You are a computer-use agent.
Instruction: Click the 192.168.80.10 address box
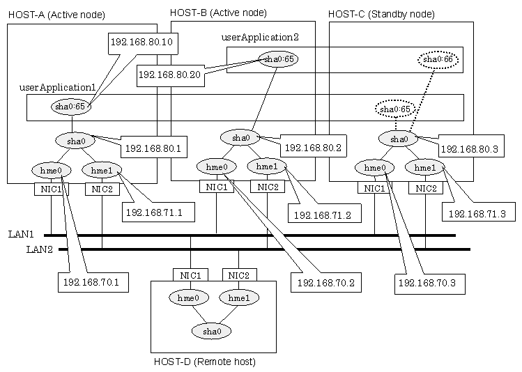pyautogui.click(x=143, y=43)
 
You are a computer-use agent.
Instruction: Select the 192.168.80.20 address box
pyautogui.click(x=171, y=76)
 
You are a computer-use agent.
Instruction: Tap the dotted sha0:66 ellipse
pyautogui.click(x=438, y=60)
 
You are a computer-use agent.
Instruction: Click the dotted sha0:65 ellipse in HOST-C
pyautogui.click(x=395, y=109)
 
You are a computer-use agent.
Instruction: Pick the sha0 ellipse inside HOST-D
pyautogui.click(x=212, y=331)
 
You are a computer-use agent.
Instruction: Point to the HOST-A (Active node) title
pyautogui.click(x=56, y=15)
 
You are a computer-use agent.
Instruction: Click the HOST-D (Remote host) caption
pyautogui.click(x=205, y=362)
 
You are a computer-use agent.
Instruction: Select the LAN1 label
pyautogui.click(x=21, y=234)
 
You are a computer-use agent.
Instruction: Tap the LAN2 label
pyautogui.click(x=40, y=249)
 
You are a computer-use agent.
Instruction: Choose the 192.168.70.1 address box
pyautogui.click(x=93, y=283)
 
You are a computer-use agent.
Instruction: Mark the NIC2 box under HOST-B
pyautogui.click(x=268, y=187)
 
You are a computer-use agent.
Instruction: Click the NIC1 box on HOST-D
pyautogui.click(x=191, y=275)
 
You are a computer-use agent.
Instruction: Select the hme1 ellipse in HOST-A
pyautogui.click(x=102, y=171)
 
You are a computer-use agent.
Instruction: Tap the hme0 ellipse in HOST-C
pyautogui.click(x=374, y=168)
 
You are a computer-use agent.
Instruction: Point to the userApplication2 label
pyautogui.click(x=260, y=37)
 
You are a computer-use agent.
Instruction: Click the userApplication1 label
pyautogui.click(x=58, y=88)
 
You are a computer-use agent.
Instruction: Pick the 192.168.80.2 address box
pyautogui.click(x=313, y=146)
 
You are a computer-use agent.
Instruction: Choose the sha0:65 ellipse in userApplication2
pyautogui.click(x=278, y=59)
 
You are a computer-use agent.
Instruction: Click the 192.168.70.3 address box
pyautogui.click(x=430, y=284)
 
